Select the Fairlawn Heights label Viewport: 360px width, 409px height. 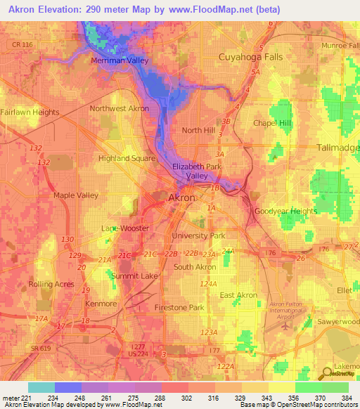tap(30, 112)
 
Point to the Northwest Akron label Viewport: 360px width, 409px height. tap(119, 109)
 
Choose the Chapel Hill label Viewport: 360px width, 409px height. tap(271, 123)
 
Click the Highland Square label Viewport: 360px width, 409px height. tap(126, 158)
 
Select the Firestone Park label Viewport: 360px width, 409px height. tap(179, 308)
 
